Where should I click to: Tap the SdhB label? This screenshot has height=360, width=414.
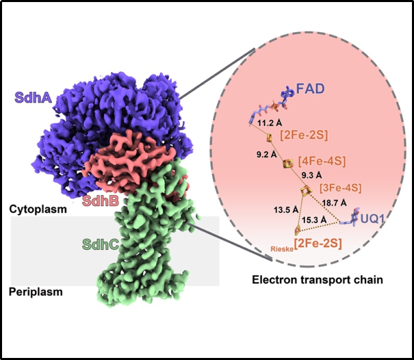(x=101, y=201)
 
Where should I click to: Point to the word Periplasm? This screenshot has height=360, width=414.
(x=35, y=292)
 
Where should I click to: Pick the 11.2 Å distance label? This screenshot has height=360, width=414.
(x=269, y=123)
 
